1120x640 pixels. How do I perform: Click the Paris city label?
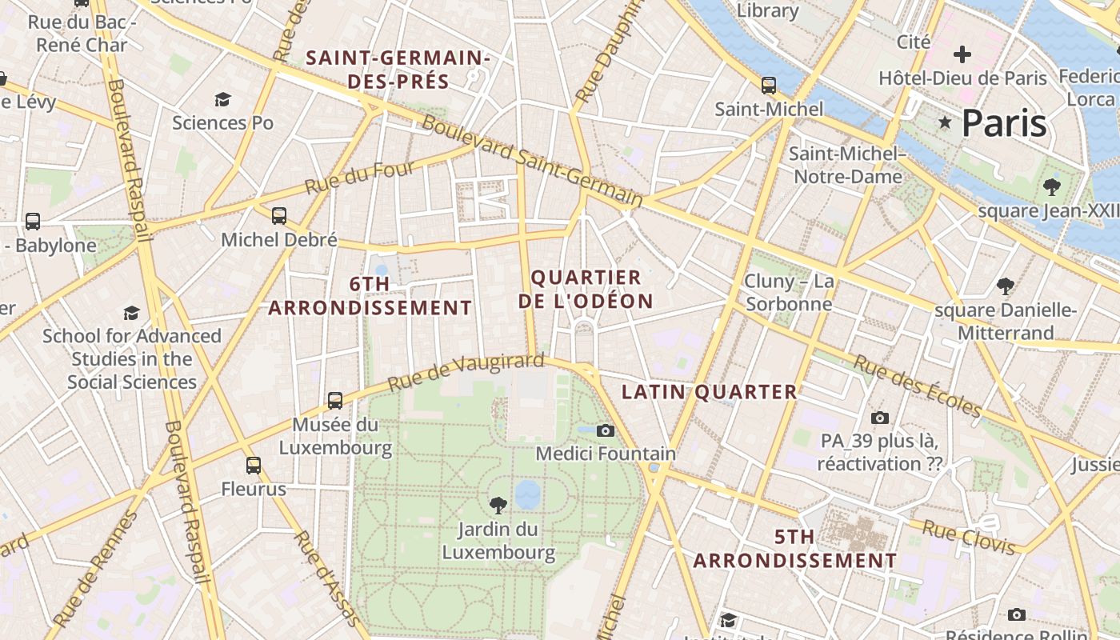pos(1004,123)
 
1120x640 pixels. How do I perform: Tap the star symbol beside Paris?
pos(946,122)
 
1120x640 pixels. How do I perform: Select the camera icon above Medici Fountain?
pos(606,431)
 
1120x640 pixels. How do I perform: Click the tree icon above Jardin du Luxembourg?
pos(498,505)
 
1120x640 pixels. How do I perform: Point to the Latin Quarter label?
pos(710,392)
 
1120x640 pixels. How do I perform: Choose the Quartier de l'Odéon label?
pos(586,290)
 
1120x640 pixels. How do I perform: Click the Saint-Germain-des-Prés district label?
pos(398,70)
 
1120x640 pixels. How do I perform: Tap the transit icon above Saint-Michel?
pos(769,85)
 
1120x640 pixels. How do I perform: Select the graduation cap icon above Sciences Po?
pos(222,99)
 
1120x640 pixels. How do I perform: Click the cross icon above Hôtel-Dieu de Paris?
pos(962,54)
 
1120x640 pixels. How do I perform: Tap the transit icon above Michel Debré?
pos(278,216)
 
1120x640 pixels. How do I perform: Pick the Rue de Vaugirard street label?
pos(466,372)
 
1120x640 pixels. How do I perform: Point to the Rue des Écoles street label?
pos(917,386)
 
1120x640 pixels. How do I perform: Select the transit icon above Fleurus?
pos(254,465)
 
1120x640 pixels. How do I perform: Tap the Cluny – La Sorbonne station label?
pos(789,293)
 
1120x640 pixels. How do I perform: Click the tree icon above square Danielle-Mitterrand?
pos(1006,286)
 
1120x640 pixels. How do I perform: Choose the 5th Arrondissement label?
pos(794,549)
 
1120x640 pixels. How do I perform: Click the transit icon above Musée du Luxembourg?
pos(335,400)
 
